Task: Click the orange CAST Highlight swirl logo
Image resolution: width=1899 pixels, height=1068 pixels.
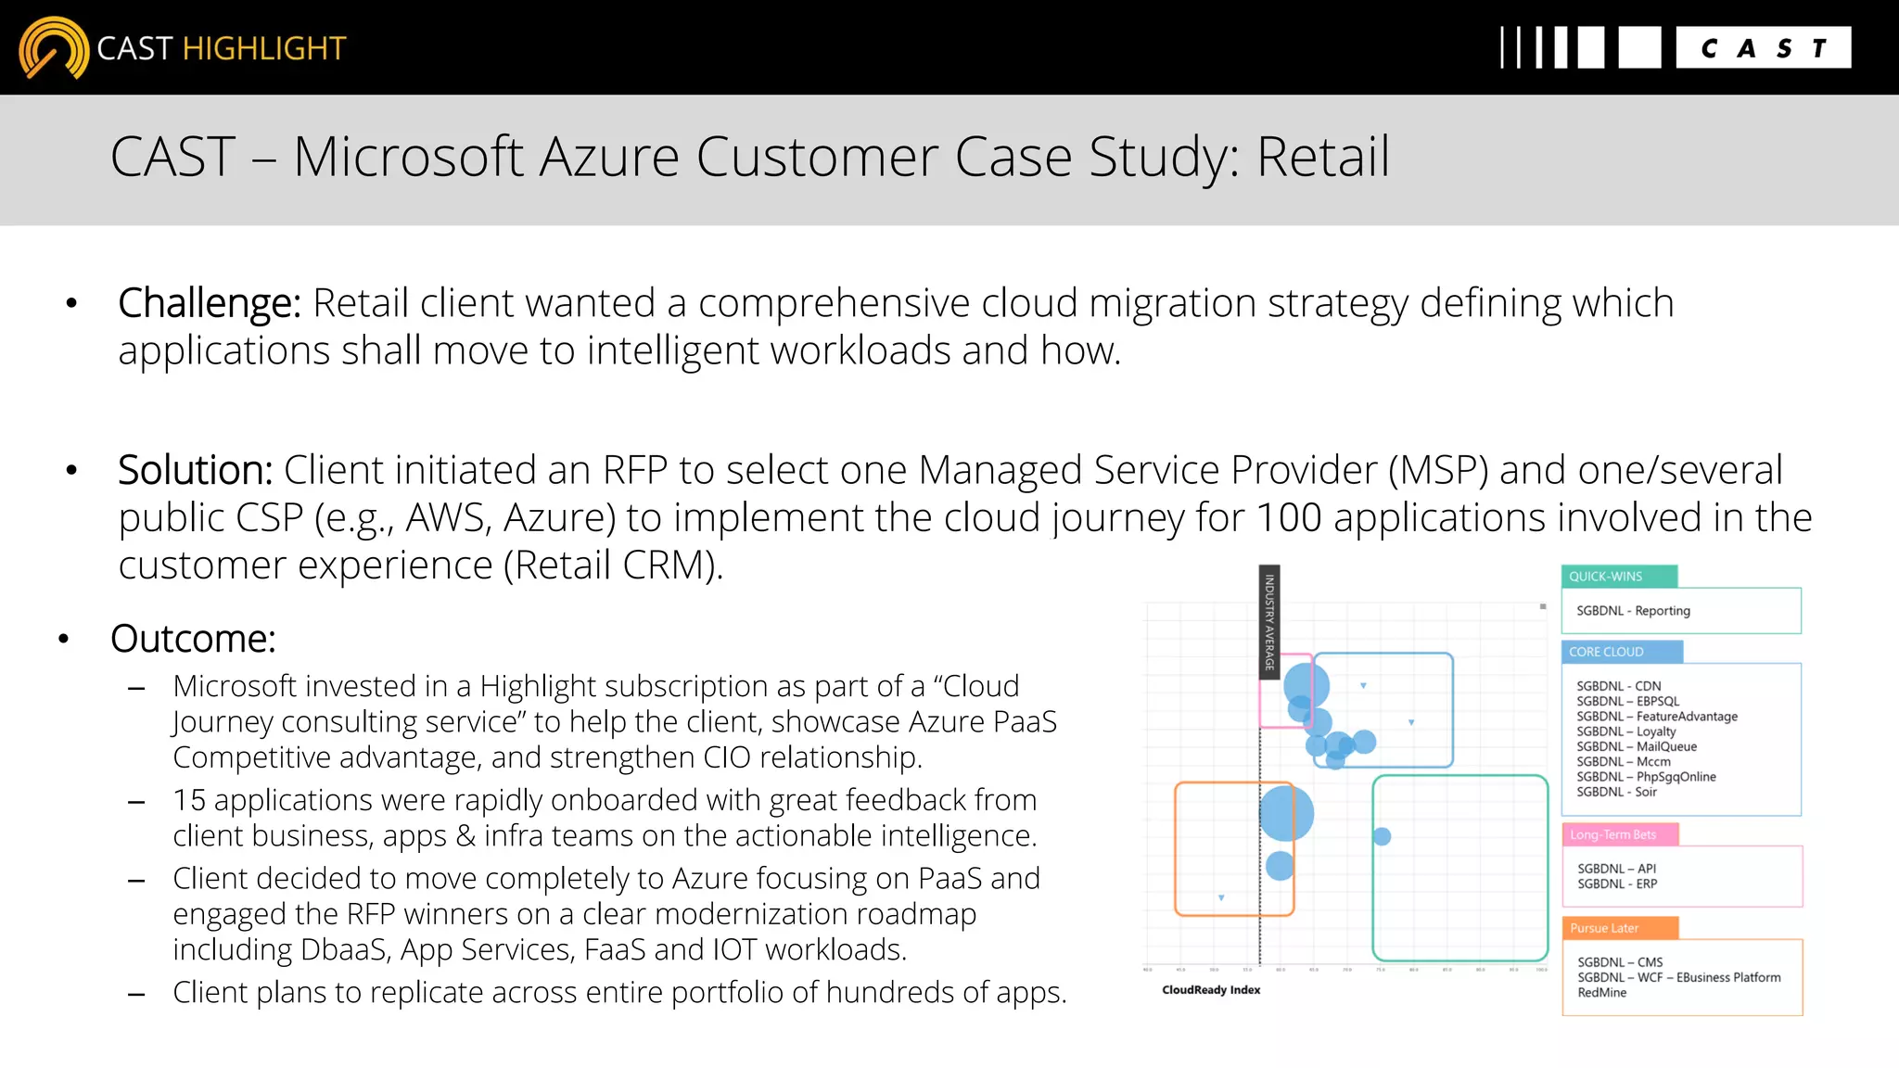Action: pyautogui.click(x=53, y=47)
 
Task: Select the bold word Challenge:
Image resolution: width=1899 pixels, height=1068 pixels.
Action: pyautogui.click(x=210, y=303)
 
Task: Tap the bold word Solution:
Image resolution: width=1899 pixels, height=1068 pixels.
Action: pyautogui.click(x=195, y=470)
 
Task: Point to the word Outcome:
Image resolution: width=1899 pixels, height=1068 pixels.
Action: pyautogui.click(x=193, y=639)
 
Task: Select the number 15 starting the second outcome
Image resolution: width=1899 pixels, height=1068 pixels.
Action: pyautogui.click(x=189, y=800)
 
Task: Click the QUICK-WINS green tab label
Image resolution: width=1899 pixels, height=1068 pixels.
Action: pyautogui.click(x=1605, y=577)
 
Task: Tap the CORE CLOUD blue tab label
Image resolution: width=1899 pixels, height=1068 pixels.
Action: pyautogui.click(x=1606, y=652)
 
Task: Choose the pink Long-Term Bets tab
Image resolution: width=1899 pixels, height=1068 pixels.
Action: pyautogui.click(x=1612, y=834)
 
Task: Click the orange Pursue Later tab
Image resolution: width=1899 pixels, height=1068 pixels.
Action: pyautogui.click(x=1604, y=928)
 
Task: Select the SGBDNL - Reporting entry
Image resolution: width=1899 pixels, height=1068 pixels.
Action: pyautogui.click(x=1633, y=611)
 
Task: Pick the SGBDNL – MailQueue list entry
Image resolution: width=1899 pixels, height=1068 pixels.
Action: pyautogui.click(x=1637, y=746)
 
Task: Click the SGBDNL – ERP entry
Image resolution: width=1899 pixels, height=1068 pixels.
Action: pyautogui.click(x=1617, y=884)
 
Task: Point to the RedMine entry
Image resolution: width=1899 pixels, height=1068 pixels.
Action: pyautogui.click(x=1601, y=992)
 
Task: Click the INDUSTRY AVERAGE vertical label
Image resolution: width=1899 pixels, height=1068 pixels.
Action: pyautogui.click(x=1269, y=622)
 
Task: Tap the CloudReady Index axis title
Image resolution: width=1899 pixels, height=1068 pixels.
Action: pyautogui.click(x=1211, y=990)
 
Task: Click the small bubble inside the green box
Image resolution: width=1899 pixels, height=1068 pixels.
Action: pyautogui.click(x=1382, y=836)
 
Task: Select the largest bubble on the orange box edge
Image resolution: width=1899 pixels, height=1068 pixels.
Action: pyautogui.click(x=1287, y=813)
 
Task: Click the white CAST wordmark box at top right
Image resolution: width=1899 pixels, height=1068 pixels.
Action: pyautogui.click(x=1763, y=47)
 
